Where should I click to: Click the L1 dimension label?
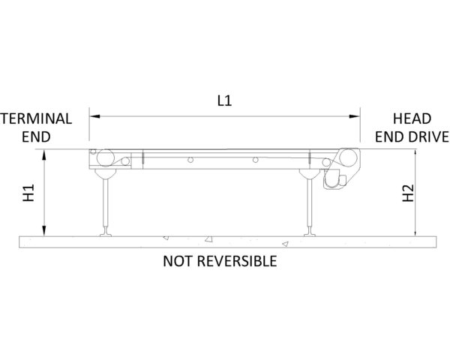click(224, 100)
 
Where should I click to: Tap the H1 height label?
click(28, 193)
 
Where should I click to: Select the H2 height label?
click(408, 193)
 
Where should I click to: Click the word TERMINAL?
click(36, 118)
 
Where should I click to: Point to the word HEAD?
click(412, 118)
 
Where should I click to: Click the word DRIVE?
click(428, 136)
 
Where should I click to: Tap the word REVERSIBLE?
click(237, 261)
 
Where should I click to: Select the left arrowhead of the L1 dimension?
click(94, 116)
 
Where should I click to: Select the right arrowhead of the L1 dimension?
click(355, 116)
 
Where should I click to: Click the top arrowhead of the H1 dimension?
click(44, 154)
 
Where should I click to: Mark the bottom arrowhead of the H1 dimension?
click(44, 231)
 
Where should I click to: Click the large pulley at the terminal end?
click(105, 158)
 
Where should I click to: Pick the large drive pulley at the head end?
click(348, 158)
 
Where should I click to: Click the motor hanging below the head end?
click(334, 181)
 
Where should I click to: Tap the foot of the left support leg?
click(106, 232)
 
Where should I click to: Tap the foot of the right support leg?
click(310, 232)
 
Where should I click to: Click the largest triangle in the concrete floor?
click(208, 238)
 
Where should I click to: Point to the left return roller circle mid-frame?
click(190, 160)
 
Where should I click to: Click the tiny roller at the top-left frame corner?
click(93, 151)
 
